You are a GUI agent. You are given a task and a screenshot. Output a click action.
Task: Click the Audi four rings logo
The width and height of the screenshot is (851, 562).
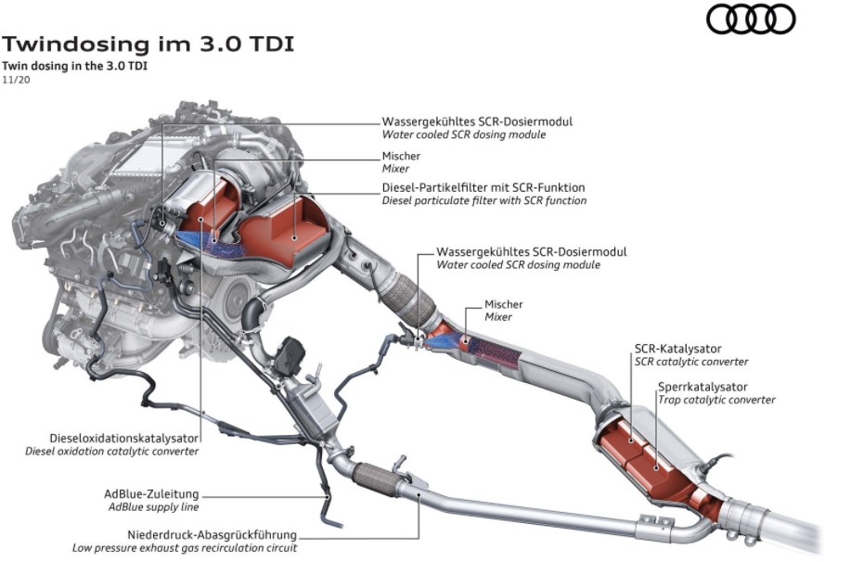pos(751,19)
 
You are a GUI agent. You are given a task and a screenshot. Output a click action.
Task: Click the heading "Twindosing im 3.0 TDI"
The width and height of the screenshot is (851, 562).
pos(148,44)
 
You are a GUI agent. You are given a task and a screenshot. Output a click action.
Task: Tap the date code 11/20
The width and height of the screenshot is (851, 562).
pos(16,80)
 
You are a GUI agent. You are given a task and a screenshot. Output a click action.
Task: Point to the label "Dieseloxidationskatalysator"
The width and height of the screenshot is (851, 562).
pos(124,437)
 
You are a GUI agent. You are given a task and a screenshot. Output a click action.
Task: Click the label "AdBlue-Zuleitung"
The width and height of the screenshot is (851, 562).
pos(151,493)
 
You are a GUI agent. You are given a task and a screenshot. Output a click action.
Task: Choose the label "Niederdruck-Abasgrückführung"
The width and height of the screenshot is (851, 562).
pos(213,534)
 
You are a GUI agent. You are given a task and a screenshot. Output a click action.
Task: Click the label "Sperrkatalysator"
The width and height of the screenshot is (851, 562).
pos(703,386)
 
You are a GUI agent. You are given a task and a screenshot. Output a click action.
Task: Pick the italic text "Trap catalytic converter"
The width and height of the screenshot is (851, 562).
pos(716,400)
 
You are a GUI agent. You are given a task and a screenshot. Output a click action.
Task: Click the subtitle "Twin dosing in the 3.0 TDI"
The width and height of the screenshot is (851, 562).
pos(75,66)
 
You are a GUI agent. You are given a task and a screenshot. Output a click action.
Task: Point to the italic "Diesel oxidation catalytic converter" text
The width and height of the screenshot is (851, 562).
pos(111,451)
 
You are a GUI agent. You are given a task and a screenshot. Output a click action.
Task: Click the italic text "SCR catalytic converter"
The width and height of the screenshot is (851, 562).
pos(690,362)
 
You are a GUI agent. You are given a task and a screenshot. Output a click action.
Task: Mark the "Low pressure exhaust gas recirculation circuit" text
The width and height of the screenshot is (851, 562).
pos(185,547)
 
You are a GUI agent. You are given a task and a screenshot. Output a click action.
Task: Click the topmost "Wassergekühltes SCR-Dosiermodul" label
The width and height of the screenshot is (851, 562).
pos(477,121)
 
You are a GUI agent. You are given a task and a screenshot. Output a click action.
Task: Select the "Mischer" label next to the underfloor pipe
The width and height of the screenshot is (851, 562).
pos(504,304)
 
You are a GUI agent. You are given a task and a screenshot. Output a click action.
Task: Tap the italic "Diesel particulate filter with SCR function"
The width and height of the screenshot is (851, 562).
pos(484,200)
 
